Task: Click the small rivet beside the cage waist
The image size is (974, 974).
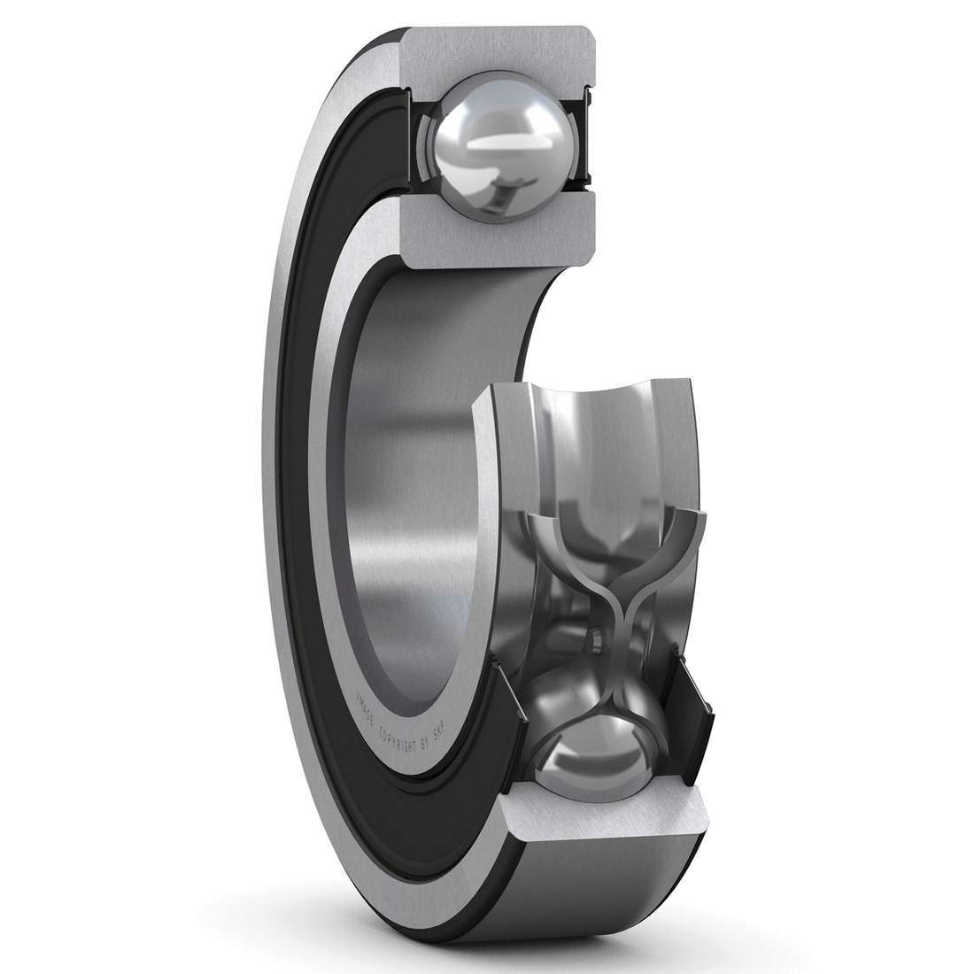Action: [x=597, y=637]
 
